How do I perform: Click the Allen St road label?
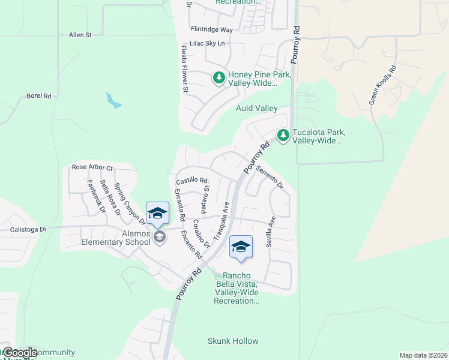click(x=80, y=35)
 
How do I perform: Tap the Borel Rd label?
click(x=39, y=95)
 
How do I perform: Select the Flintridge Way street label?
click(x=211, y=29)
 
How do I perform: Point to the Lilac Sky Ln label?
click(x=206, y=43)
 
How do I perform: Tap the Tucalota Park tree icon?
click(x=283, y=136)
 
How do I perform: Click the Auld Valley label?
click(x=256, y=108)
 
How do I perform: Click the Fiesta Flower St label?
click(x=185, y=69)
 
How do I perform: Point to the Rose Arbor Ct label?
click(x=92, y=167)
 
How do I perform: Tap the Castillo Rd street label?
click(x=191, y=181)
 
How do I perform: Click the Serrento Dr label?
click(x=270, y=177)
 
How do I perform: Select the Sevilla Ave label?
click(x=271, y=232)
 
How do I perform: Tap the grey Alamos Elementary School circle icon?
click(x=160, y=237)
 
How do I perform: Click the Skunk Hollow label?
click(x=233, y=341)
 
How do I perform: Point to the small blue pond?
click(x=113, y=100)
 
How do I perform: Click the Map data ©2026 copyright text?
click(x=423, y=355)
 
